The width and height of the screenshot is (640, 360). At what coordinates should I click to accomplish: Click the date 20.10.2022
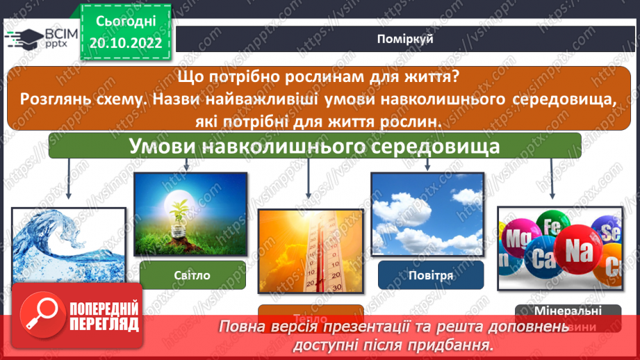(126, 43)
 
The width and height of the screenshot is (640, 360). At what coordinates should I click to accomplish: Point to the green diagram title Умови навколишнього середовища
(315, 147)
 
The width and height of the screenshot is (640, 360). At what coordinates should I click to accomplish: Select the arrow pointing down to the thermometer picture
(308, 183)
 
